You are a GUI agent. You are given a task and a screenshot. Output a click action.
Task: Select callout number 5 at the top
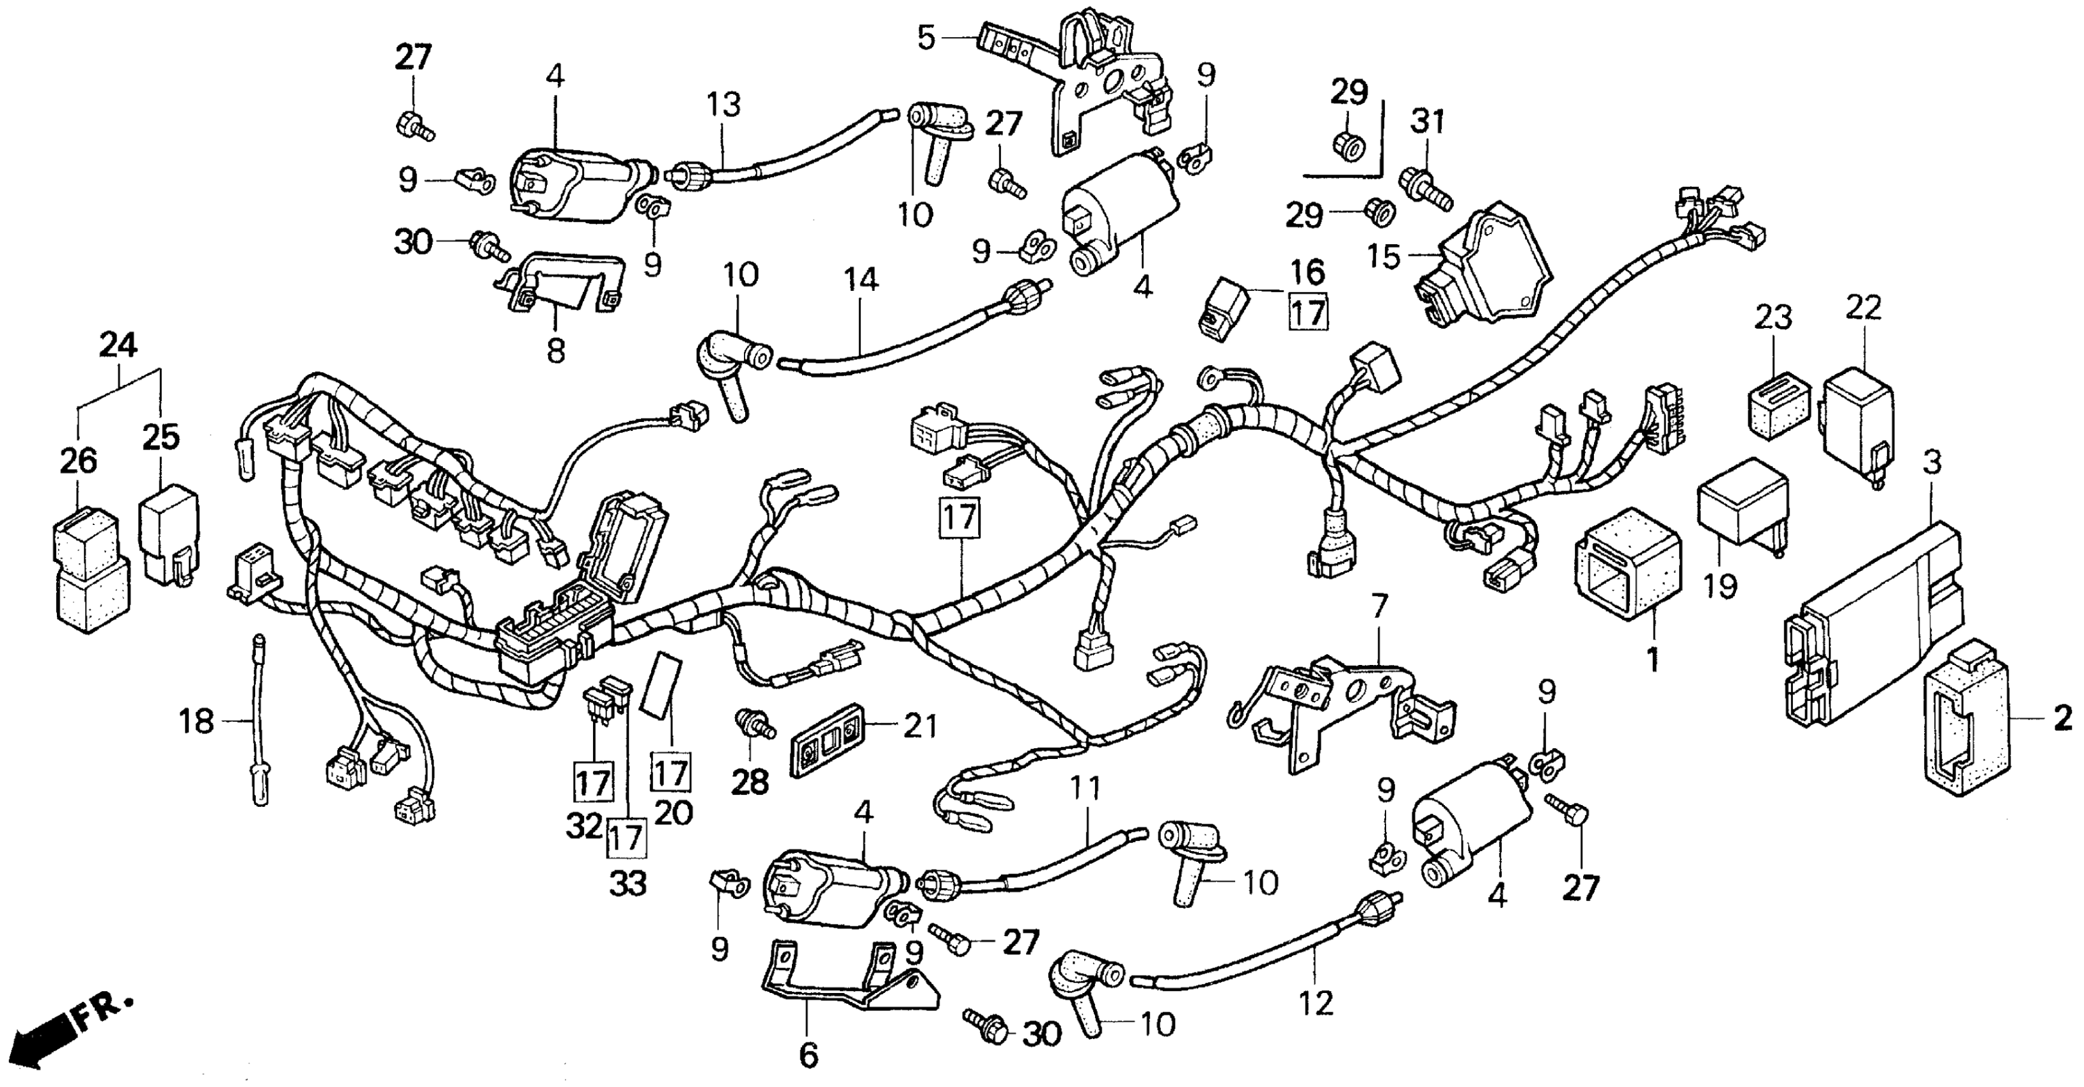(926, 37)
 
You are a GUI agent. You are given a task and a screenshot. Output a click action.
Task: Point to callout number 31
(1427, 121)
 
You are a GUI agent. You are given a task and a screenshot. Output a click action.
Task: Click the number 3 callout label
(1931, 464)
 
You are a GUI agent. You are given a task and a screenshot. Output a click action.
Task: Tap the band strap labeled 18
(259, 720)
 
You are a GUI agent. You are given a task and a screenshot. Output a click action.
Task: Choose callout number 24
(118, 346)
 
